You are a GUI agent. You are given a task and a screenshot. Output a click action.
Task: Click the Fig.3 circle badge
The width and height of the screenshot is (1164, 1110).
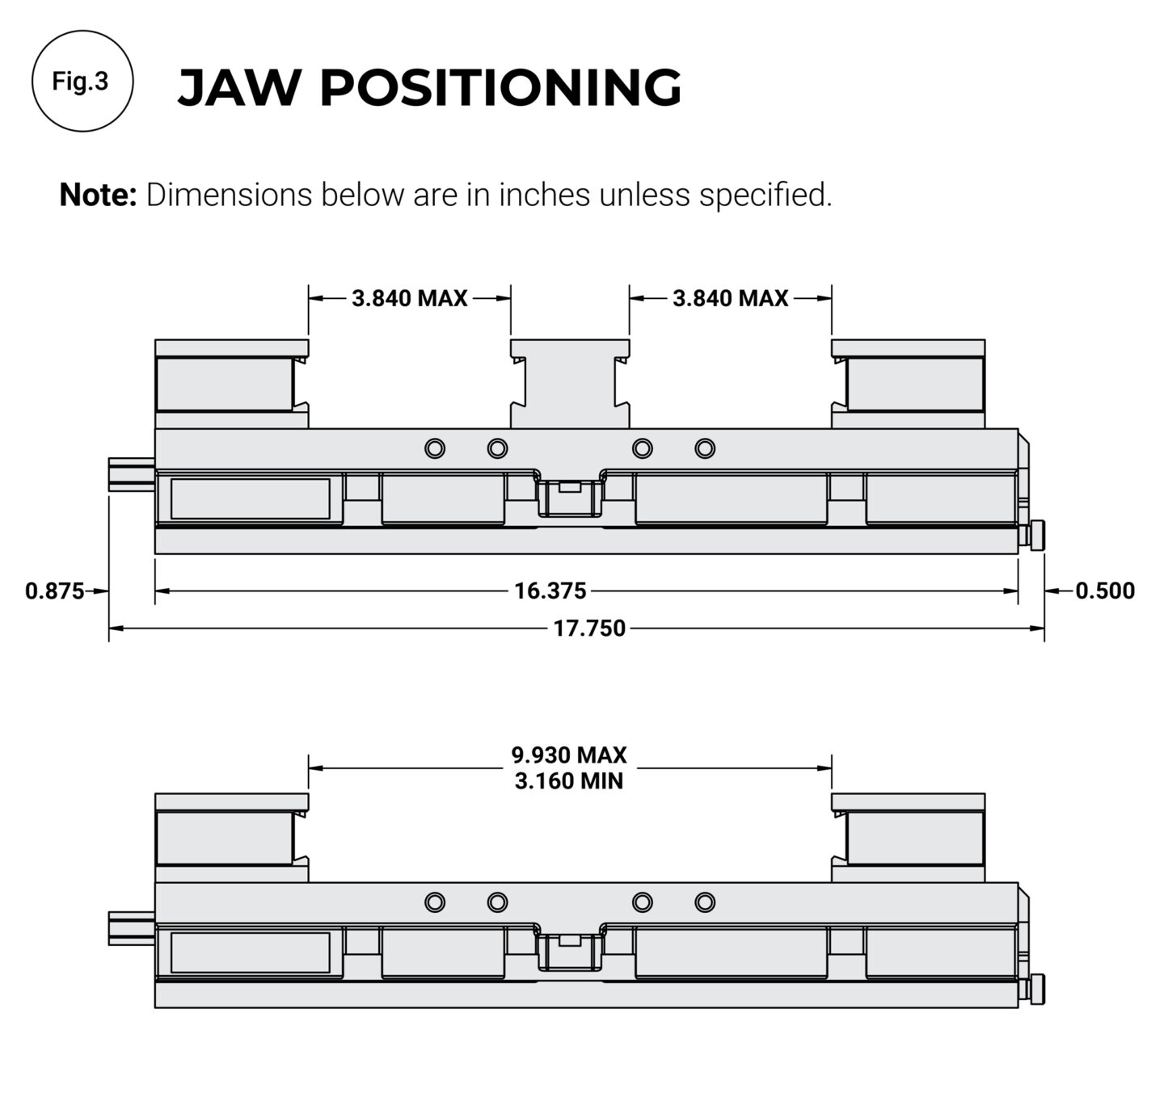pos(81,81)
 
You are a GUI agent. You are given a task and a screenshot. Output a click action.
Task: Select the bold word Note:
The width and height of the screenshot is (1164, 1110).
pos(98,196)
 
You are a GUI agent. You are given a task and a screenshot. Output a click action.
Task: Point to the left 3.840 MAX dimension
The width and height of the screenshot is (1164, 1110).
pos(409,299)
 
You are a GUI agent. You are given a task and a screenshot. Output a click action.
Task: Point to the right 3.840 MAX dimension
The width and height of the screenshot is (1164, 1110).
pos(730,299)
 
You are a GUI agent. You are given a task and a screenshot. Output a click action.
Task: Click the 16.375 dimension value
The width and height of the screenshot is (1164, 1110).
pos(550,591)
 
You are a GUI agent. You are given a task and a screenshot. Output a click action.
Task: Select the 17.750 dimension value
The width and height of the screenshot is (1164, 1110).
pos(589,629)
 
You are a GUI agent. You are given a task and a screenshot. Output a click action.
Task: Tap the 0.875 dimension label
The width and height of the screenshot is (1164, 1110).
pos(54,591)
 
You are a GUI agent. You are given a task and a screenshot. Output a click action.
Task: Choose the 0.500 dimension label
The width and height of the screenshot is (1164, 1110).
pos(1104,591)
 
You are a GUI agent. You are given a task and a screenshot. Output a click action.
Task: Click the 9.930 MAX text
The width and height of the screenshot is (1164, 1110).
pos(569,755)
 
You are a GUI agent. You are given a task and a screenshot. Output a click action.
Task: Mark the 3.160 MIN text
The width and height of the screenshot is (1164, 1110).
pos(569,782)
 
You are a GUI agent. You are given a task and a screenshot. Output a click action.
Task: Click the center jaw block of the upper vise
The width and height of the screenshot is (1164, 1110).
pos(570,384)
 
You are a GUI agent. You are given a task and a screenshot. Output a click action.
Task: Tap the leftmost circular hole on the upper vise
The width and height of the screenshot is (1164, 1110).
pos(435,448)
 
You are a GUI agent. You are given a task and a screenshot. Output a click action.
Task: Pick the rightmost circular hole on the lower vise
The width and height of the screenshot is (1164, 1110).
pos(705,902)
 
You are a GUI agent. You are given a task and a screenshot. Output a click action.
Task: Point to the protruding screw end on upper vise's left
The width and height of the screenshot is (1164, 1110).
pos(130,473)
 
